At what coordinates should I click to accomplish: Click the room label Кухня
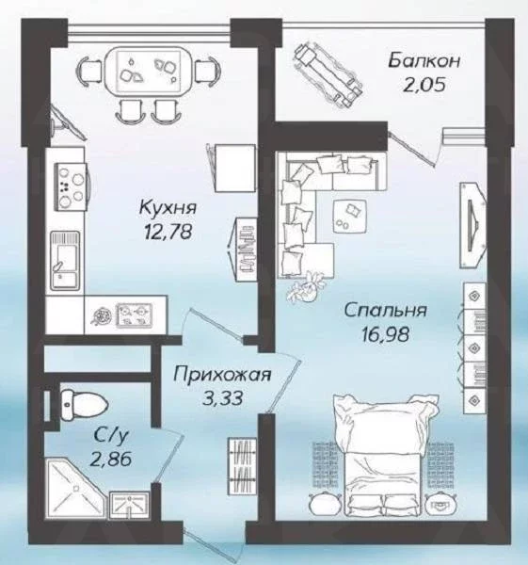[168, 208]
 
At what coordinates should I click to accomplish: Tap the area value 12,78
[168, 232]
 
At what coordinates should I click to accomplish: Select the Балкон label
[424, 60]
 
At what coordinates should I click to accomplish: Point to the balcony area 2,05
[424, 85]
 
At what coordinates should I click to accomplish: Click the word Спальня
[385, 311]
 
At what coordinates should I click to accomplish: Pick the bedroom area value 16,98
[386, 334]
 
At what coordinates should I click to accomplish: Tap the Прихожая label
[222, 375]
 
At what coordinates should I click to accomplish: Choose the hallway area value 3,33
[222, 398]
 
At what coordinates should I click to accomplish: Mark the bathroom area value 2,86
[111, 460]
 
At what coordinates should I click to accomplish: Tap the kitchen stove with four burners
[72, 186]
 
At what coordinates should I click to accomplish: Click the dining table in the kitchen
[149, 71]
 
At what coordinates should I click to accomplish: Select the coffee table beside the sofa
[350, 217]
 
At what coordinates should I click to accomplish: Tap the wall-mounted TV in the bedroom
[472, 225]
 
